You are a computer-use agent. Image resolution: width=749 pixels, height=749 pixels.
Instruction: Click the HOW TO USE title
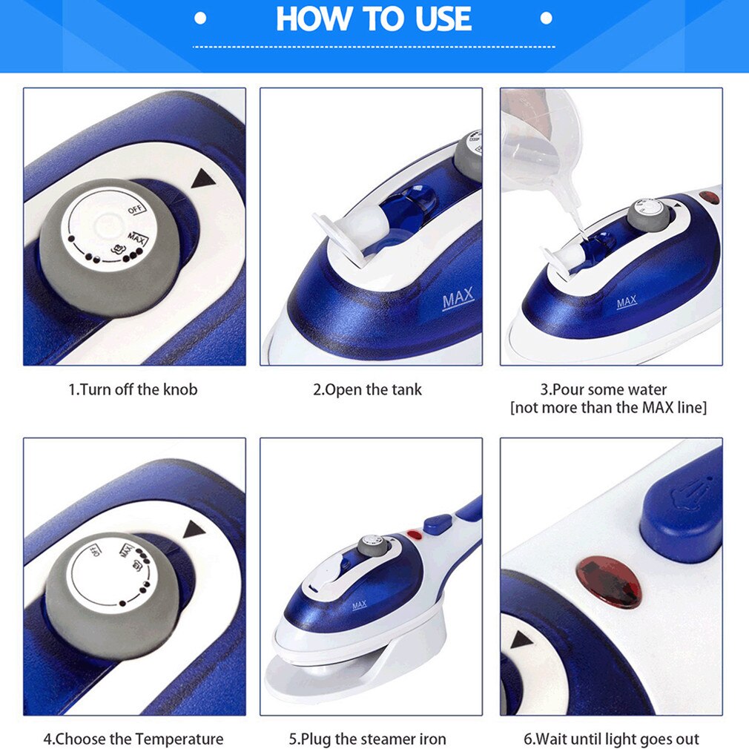[374, 19]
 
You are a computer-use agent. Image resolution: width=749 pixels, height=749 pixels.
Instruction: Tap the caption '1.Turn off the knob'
[133, 389]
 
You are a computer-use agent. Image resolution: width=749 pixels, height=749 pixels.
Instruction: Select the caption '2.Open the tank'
[367, 389]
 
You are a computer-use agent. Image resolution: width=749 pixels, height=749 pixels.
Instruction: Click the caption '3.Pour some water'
[603, 389]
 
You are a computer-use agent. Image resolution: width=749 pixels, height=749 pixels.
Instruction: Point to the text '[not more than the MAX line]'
[608, 408]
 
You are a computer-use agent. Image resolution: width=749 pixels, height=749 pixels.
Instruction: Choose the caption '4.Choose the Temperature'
[133, 739]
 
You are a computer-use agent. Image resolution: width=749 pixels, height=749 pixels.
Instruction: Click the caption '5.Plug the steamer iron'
[367, 739]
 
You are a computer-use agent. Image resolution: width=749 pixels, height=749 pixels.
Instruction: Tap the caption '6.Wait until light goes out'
[612, 739]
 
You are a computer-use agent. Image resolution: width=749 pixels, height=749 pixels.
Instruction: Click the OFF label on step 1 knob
[135, 210]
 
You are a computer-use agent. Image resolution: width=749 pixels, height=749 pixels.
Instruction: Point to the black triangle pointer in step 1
[201, 179]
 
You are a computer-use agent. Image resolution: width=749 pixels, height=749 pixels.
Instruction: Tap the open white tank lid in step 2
[335, 236]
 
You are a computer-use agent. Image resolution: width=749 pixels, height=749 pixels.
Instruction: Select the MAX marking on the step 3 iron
[627, 303]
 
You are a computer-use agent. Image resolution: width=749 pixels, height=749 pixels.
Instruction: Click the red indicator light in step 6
[609, 583]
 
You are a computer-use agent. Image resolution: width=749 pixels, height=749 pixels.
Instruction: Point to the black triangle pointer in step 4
[194, 529]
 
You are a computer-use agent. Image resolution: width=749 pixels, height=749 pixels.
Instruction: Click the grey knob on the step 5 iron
[370, 547]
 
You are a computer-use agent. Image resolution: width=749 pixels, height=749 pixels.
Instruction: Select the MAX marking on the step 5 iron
[359, 605]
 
